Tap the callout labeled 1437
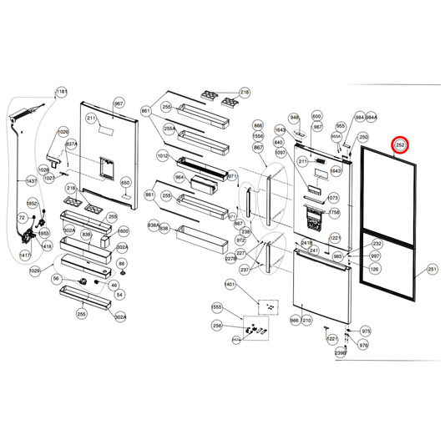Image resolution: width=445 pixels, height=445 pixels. pos(31,181)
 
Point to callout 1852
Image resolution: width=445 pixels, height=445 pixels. pos(33,203)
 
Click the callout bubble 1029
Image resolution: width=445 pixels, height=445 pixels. pos(35,271)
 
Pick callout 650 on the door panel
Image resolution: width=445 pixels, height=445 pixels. pos(126,182)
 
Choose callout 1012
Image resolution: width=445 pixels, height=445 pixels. pos(162,156)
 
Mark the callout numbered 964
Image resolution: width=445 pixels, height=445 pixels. pos(180,178)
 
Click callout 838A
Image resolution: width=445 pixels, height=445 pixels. pos(153,226)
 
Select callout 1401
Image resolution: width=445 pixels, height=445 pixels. pos(230,285)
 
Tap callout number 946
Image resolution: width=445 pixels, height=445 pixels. pos(294,118)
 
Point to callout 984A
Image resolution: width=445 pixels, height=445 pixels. pos(372,118)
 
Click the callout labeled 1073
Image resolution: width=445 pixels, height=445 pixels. pos(333,199)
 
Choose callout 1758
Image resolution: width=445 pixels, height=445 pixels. pos(334,213)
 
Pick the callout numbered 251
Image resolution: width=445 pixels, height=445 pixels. pos(432,269)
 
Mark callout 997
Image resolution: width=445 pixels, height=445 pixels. pos(375,256)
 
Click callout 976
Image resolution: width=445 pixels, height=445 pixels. pos(363,344)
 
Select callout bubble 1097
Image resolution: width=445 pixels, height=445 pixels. pos(280,153)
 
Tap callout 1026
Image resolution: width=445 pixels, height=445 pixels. pos(63,133)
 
